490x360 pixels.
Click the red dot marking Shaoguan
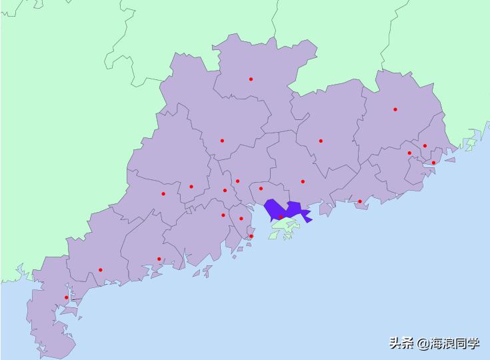click(x=251, y=79)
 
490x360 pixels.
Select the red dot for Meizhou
click(x=395, y=109)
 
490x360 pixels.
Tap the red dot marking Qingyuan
click(x=222, y=141)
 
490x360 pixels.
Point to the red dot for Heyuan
click(x=321, y=141)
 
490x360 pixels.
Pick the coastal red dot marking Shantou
click(x=433, y=163)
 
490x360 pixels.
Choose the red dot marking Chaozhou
click(x=425, y=146)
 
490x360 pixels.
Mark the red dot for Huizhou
click(x=303, y=181)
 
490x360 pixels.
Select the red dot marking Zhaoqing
click(x=191, y=187)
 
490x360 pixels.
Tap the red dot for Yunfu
click(x=163, y=194)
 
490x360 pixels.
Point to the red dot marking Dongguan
click(x=261, y=189)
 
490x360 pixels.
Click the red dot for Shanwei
click(x=360, y=201)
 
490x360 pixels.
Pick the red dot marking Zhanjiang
click(x=67, y=298)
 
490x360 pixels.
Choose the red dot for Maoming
click(x=101, y=270)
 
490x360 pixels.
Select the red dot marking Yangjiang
click(x=159, y=259)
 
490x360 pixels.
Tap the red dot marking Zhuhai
click(x=251, y=236)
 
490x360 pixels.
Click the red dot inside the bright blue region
click(x=281, y=217)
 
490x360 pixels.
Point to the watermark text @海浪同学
click(x=449, y=344)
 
